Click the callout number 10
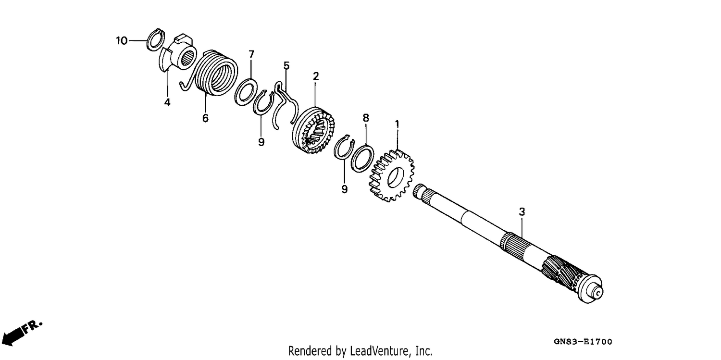(122, 41)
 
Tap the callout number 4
(167, 103)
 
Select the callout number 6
(205, 118)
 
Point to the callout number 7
(251, 54)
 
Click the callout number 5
(286, 66)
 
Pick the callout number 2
(316, 76)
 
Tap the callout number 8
(366, 118)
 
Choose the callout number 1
(397, 124)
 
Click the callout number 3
(522, 212)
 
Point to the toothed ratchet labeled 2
(313, 130)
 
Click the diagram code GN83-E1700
(583, 341)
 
